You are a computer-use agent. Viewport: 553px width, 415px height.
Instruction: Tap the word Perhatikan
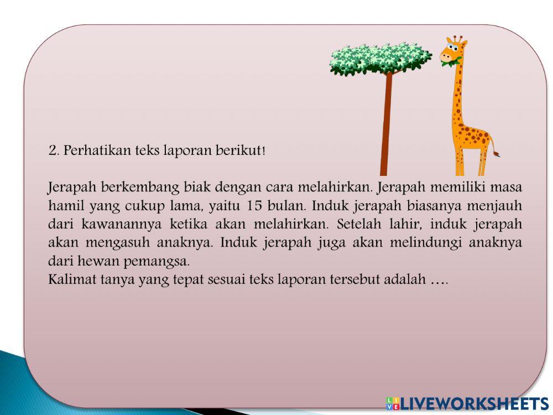coord(97,151)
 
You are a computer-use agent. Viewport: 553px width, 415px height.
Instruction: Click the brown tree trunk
coord(385,127)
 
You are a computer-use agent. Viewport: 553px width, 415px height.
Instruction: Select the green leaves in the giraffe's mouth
coord(448,64)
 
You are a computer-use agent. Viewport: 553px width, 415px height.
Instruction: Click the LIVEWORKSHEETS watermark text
coord(473,403)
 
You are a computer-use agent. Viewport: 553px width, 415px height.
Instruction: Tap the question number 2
coord(54,151)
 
